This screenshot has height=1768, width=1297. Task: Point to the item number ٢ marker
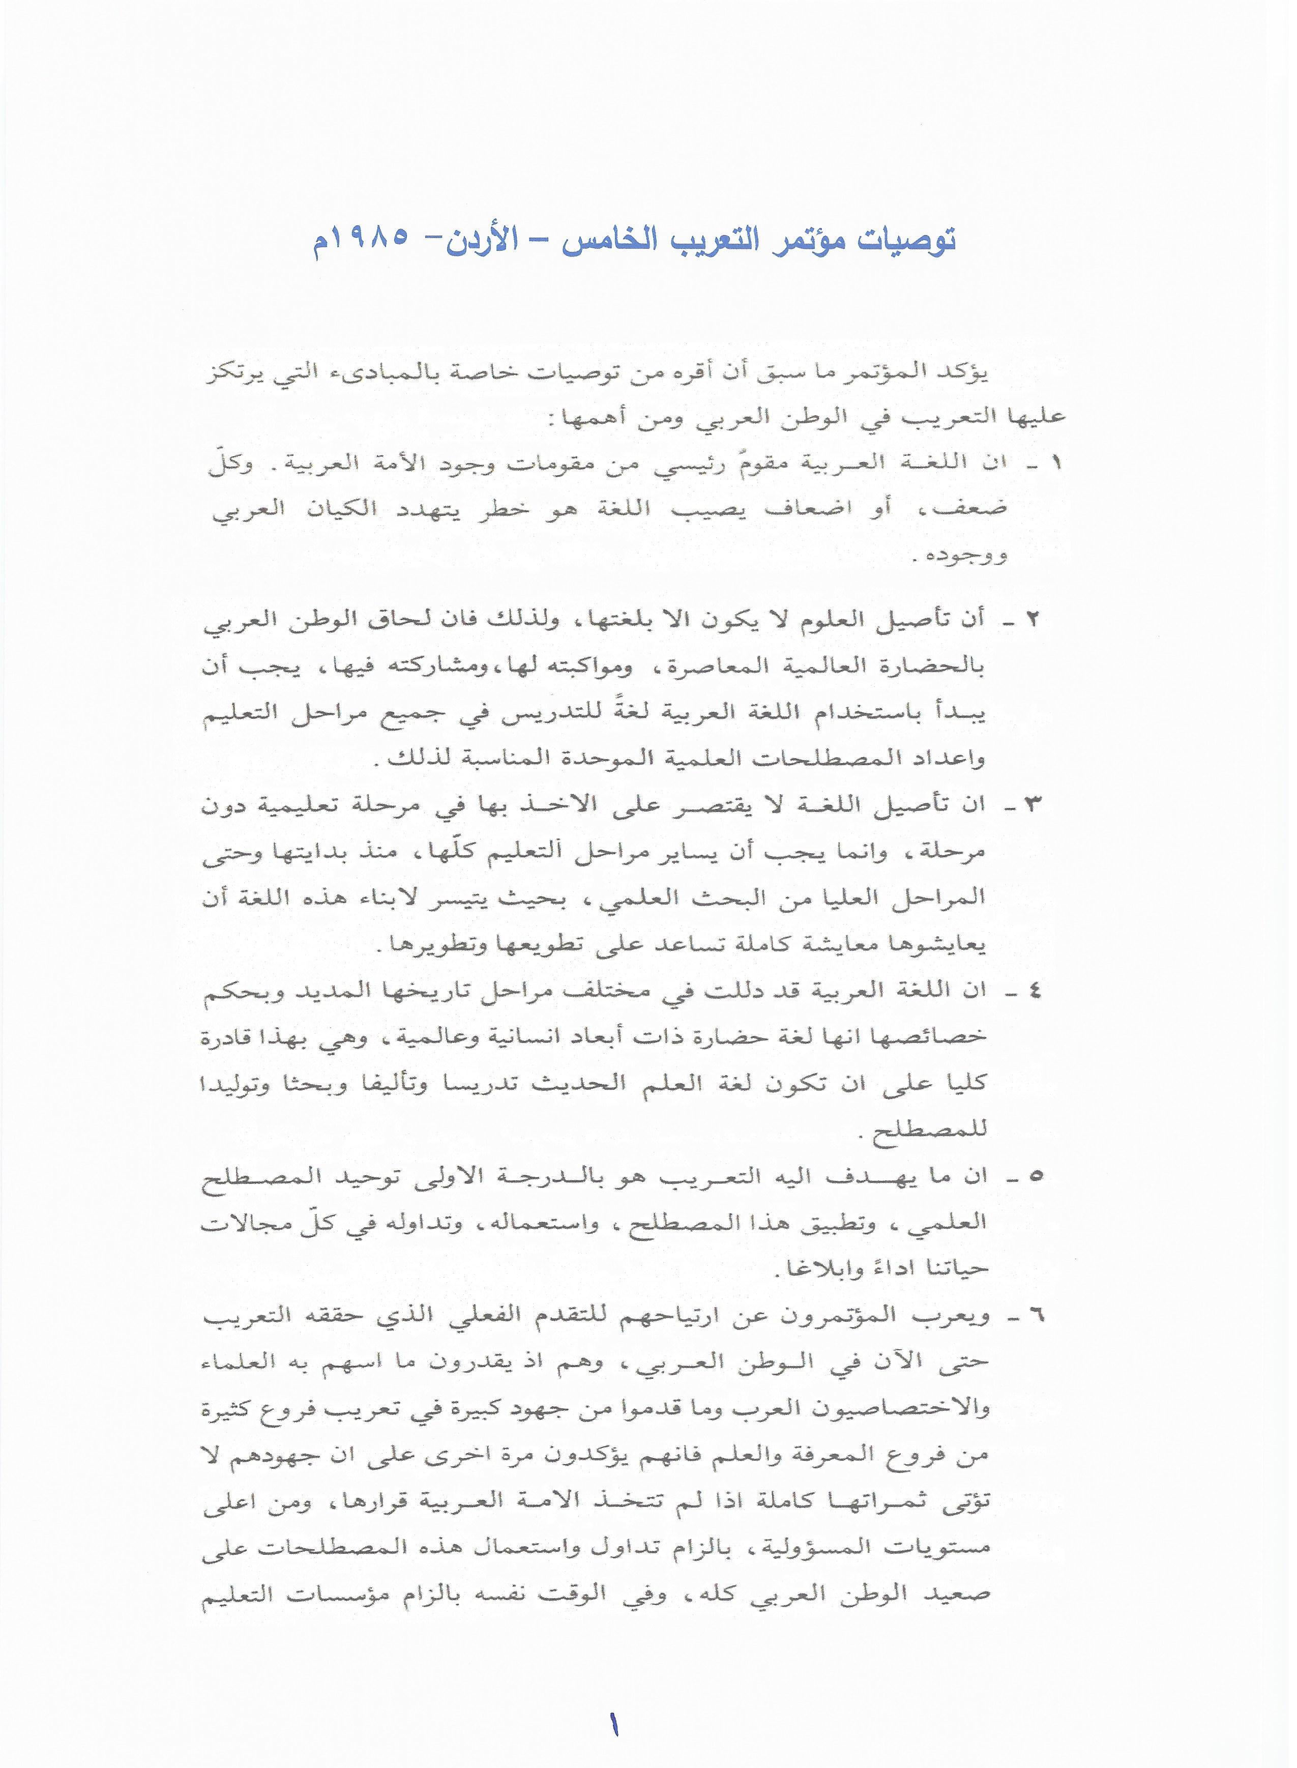(1033, 619)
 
